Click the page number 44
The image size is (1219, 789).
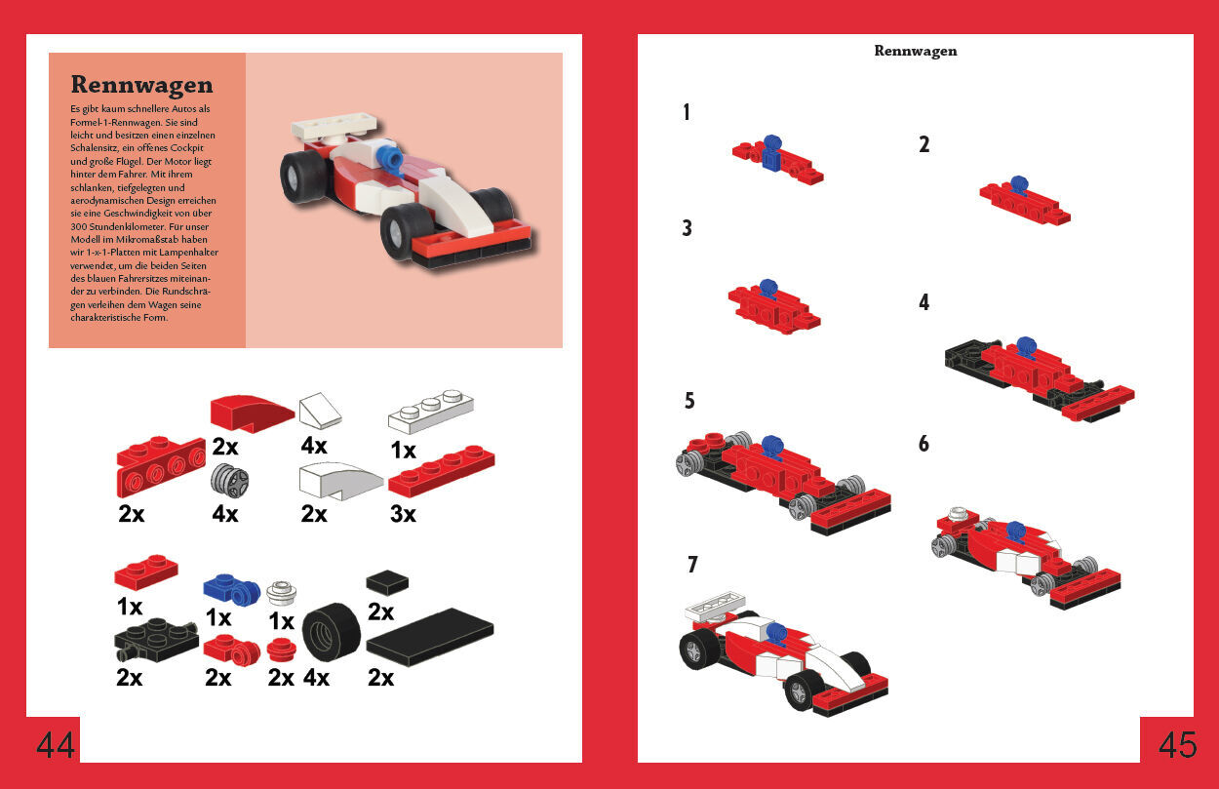coord(55,745)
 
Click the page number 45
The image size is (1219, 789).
coord(1178,745)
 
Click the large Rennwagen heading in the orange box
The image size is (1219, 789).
coord(142,84)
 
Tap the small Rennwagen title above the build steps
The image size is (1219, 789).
coord(916,51)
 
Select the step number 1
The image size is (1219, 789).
coord(687,112)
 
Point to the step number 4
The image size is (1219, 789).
coord(924,302)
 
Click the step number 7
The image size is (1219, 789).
coord(692,565)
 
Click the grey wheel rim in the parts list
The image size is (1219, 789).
coord(229,481)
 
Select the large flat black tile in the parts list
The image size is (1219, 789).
coord(430,637)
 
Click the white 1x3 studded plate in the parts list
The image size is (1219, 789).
coord(430,412)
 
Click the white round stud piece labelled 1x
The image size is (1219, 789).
coord(282,593)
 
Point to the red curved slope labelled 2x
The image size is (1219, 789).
coord(253,413)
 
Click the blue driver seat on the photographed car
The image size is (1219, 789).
coord(390,158)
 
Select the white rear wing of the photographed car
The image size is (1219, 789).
coord(335,126)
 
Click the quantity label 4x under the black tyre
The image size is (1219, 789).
coord(316,678)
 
